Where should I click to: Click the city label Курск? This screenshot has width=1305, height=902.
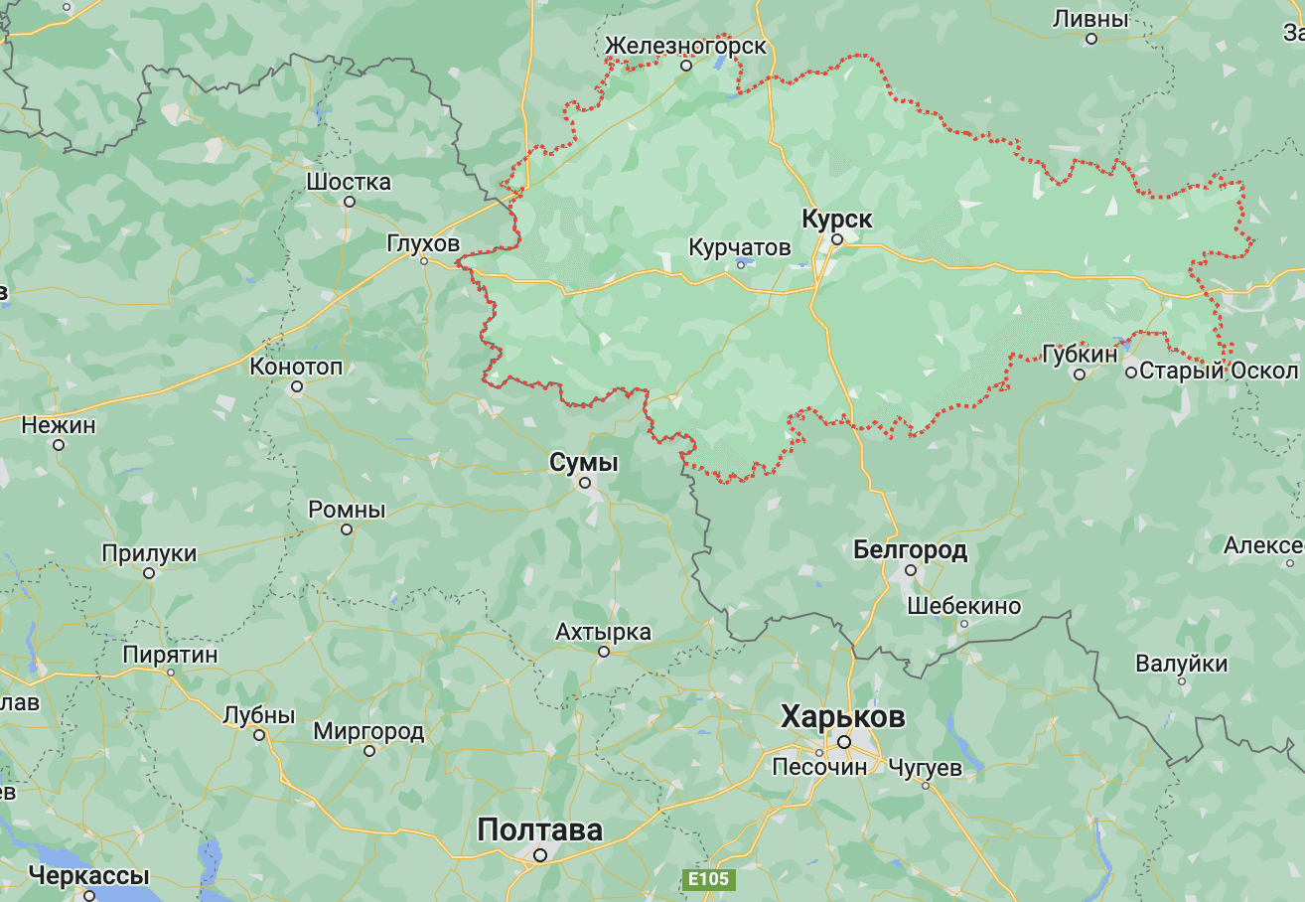tap(836, 219)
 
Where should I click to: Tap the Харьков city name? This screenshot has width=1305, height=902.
tap(842, 716)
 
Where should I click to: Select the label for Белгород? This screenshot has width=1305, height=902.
tap(910, 549)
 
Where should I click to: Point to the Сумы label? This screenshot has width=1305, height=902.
tap(584, 462)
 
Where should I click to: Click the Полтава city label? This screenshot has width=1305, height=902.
tap(539, 829)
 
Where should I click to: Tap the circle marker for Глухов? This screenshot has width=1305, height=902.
tap(424, 261)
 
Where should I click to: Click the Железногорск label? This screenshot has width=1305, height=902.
tap(685, 46)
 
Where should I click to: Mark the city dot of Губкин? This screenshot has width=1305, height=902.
tap(1080, 375)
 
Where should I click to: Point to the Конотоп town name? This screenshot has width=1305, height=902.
tap(296, 367)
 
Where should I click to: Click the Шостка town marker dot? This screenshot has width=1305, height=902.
tap(350, 202)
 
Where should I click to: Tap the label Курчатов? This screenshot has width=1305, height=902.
tap(740, 246)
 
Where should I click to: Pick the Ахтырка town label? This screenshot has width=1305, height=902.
tap(603, 632)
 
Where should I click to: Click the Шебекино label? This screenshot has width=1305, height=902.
tap(963, 606)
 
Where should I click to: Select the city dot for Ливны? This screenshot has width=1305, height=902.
tap(1091, 39)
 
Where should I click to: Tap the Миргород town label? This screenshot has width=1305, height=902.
tap(368, 732)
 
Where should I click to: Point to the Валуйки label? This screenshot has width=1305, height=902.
tap(1182, 664)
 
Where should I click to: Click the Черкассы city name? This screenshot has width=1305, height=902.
tap(88, 876)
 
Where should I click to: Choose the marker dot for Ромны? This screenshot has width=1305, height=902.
tap(347, 529)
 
